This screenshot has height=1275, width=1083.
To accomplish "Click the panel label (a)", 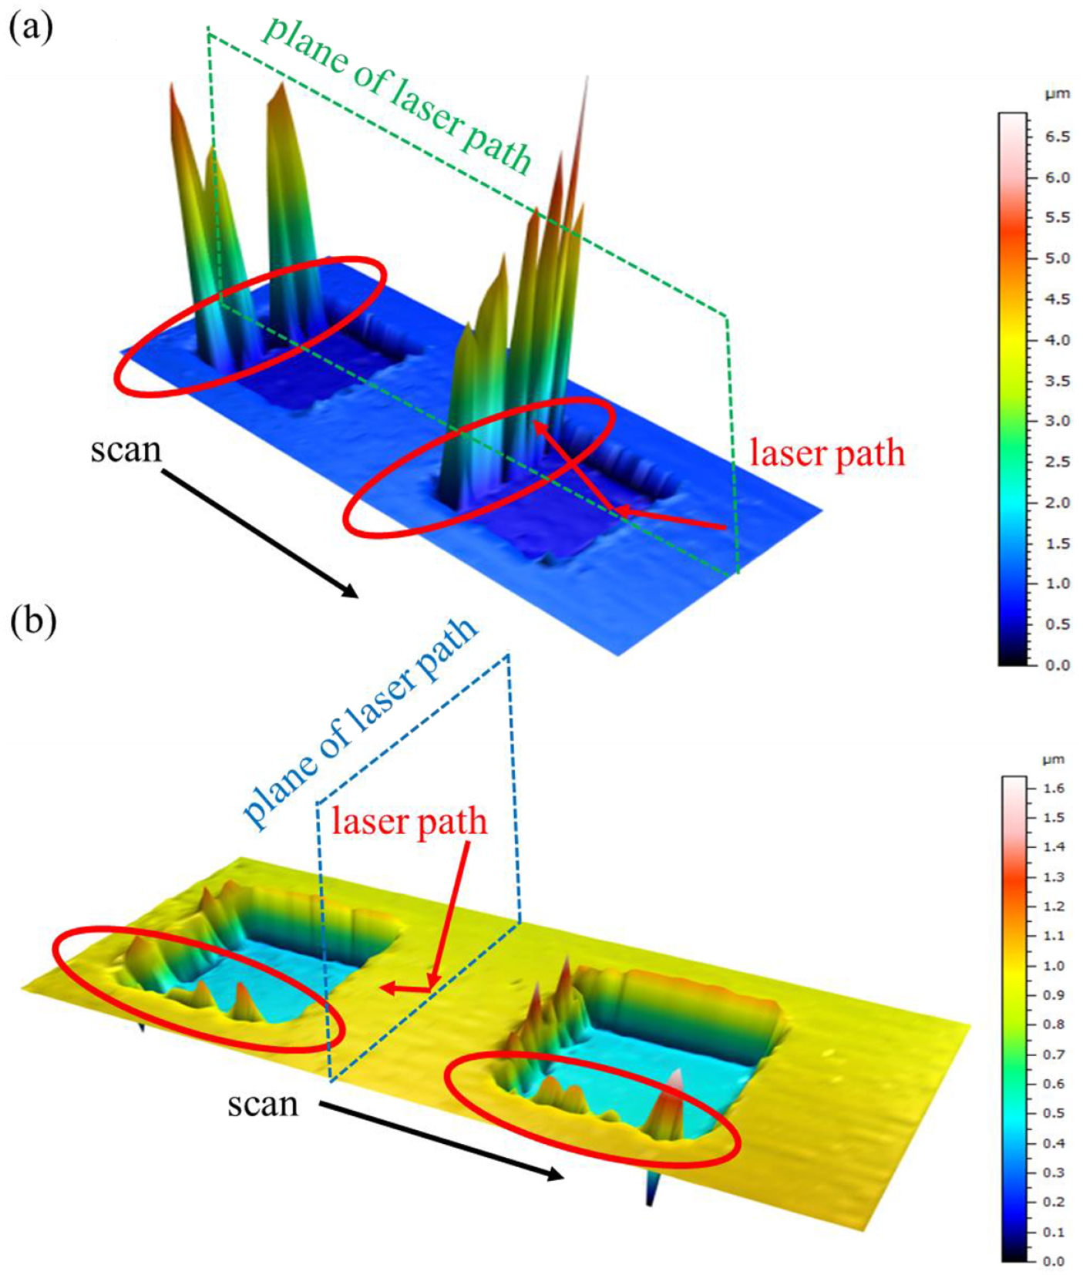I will pos(31,29).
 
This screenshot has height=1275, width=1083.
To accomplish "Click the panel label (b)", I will pos(33,622).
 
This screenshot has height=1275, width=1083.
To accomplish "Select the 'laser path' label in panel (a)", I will pos(827,453).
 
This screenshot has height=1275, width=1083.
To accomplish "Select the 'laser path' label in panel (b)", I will pos(409,822).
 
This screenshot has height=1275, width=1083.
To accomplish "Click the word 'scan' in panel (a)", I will pos(126,449).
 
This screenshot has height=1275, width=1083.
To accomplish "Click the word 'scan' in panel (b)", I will pos(262,1104).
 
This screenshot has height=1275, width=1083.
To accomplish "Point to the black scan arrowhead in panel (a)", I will pos(351,591).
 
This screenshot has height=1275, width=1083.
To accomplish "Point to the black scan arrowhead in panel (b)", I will pos(556,1174).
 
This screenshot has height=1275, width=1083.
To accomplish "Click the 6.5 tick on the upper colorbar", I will pos(1057,136).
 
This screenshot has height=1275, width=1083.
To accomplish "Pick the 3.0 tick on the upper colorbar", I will pos(1057,421).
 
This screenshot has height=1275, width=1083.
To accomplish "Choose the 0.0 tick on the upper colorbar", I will pos(1057,664).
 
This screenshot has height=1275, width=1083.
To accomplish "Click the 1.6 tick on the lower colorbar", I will pos(1053,788).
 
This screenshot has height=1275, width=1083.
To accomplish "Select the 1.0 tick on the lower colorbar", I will pos(1053,965).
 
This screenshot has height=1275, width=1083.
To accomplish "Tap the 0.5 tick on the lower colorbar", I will pos(1053,1113).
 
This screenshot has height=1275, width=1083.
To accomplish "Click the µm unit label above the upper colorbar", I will pos(1057,94).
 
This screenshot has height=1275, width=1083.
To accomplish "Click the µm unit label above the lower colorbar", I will pos(1053,759).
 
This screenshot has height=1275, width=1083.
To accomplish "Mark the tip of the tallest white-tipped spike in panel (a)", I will pos(587,77).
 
